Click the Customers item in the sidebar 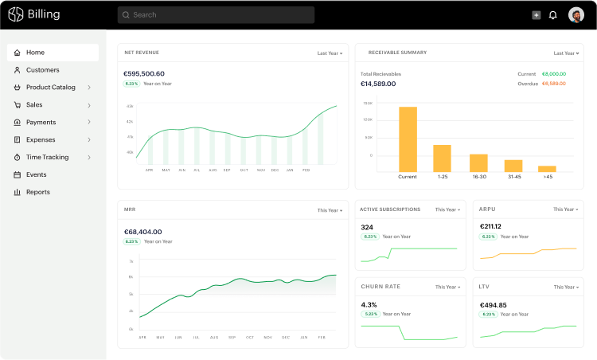(x=42, y=70)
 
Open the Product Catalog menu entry (x=51, y=88)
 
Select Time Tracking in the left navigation (x=47, y=157)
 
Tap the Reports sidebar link (x=37, y=192)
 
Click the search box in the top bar (x=216, y=14)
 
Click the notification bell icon (x=553, y=15)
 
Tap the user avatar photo (x=576, y=15)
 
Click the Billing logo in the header (x=34, y=14)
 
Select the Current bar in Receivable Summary (x=408, y=139)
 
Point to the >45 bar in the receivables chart (x=547, y=169)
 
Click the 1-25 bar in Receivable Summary (x=442, y=158)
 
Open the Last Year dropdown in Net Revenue (x=330, y=53)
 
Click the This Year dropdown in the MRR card (x=330, y=210)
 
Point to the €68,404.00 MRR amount (x=143, y=232)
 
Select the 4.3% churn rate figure (x=369, y=304)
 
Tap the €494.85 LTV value (x=494, y=304)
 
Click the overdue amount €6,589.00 (x=553, y=83)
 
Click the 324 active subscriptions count (x=367, y=227)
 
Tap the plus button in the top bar (x=536, y=15)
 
